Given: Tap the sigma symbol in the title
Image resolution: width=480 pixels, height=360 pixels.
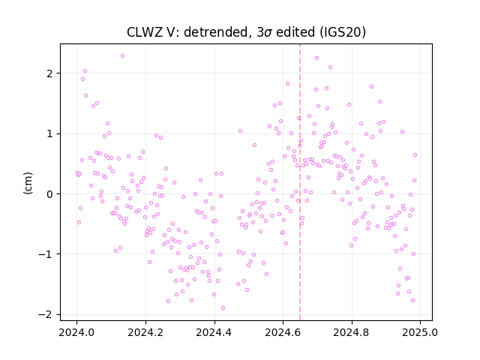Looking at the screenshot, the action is [268, 33].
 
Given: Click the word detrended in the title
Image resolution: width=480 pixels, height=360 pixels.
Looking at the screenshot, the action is [215, 31].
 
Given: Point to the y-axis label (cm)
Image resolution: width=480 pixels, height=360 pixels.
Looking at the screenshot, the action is [28, 183].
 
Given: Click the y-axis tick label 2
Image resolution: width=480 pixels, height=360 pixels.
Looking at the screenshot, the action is [49, 73].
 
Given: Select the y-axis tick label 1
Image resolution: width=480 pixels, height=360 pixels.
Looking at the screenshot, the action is [49, 133].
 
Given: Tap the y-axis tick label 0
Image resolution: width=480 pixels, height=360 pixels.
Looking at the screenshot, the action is [49, 194].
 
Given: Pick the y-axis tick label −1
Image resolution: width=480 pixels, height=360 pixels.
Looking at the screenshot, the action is [45, 254].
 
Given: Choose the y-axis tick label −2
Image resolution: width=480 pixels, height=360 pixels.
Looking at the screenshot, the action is [45, 315].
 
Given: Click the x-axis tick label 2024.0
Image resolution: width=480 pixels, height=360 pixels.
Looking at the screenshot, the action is [76, 332].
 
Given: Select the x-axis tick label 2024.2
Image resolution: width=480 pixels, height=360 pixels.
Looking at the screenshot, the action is [145, 332].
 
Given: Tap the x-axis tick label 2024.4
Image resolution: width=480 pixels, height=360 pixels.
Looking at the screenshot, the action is [214, 332].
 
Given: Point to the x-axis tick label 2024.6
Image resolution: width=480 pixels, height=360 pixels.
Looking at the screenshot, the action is [283, 332].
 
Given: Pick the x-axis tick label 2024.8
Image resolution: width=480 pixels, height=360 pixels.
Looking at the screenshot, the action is [352, 332].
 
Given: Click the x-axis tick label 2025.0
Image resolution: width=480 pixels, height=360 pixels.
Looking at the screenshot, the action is [420, 332].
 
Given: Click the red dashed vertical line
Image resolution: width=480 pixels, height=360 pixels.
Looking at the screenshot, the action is [300, 182].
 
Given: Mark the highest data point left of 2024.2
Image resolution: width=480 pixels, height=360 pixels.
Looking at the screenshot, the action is [122, 56].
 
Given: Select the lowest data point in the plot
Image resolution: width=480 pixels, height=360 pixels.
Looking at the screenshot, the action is [223, 308].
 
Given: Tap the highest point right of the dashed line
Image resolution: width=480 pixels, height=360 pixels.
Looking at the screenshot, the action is [316, 58].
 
